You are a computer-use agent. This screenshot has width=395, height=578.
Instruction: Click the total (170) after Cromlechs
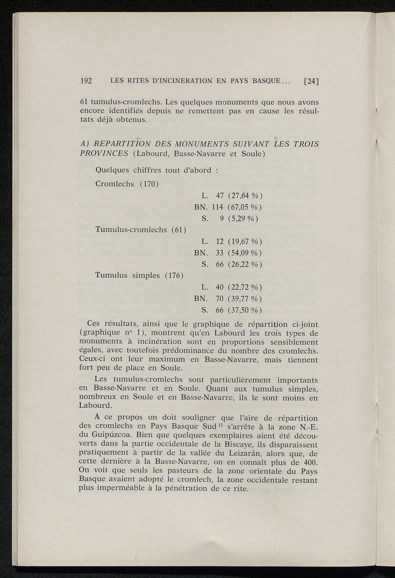point(149,184)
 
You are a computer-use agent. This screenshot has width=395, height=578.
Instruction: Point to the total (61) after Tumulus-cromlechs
point(179,230)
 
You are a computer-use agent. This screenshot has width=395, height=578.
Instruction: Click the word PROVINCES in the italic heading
point(104,154)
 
